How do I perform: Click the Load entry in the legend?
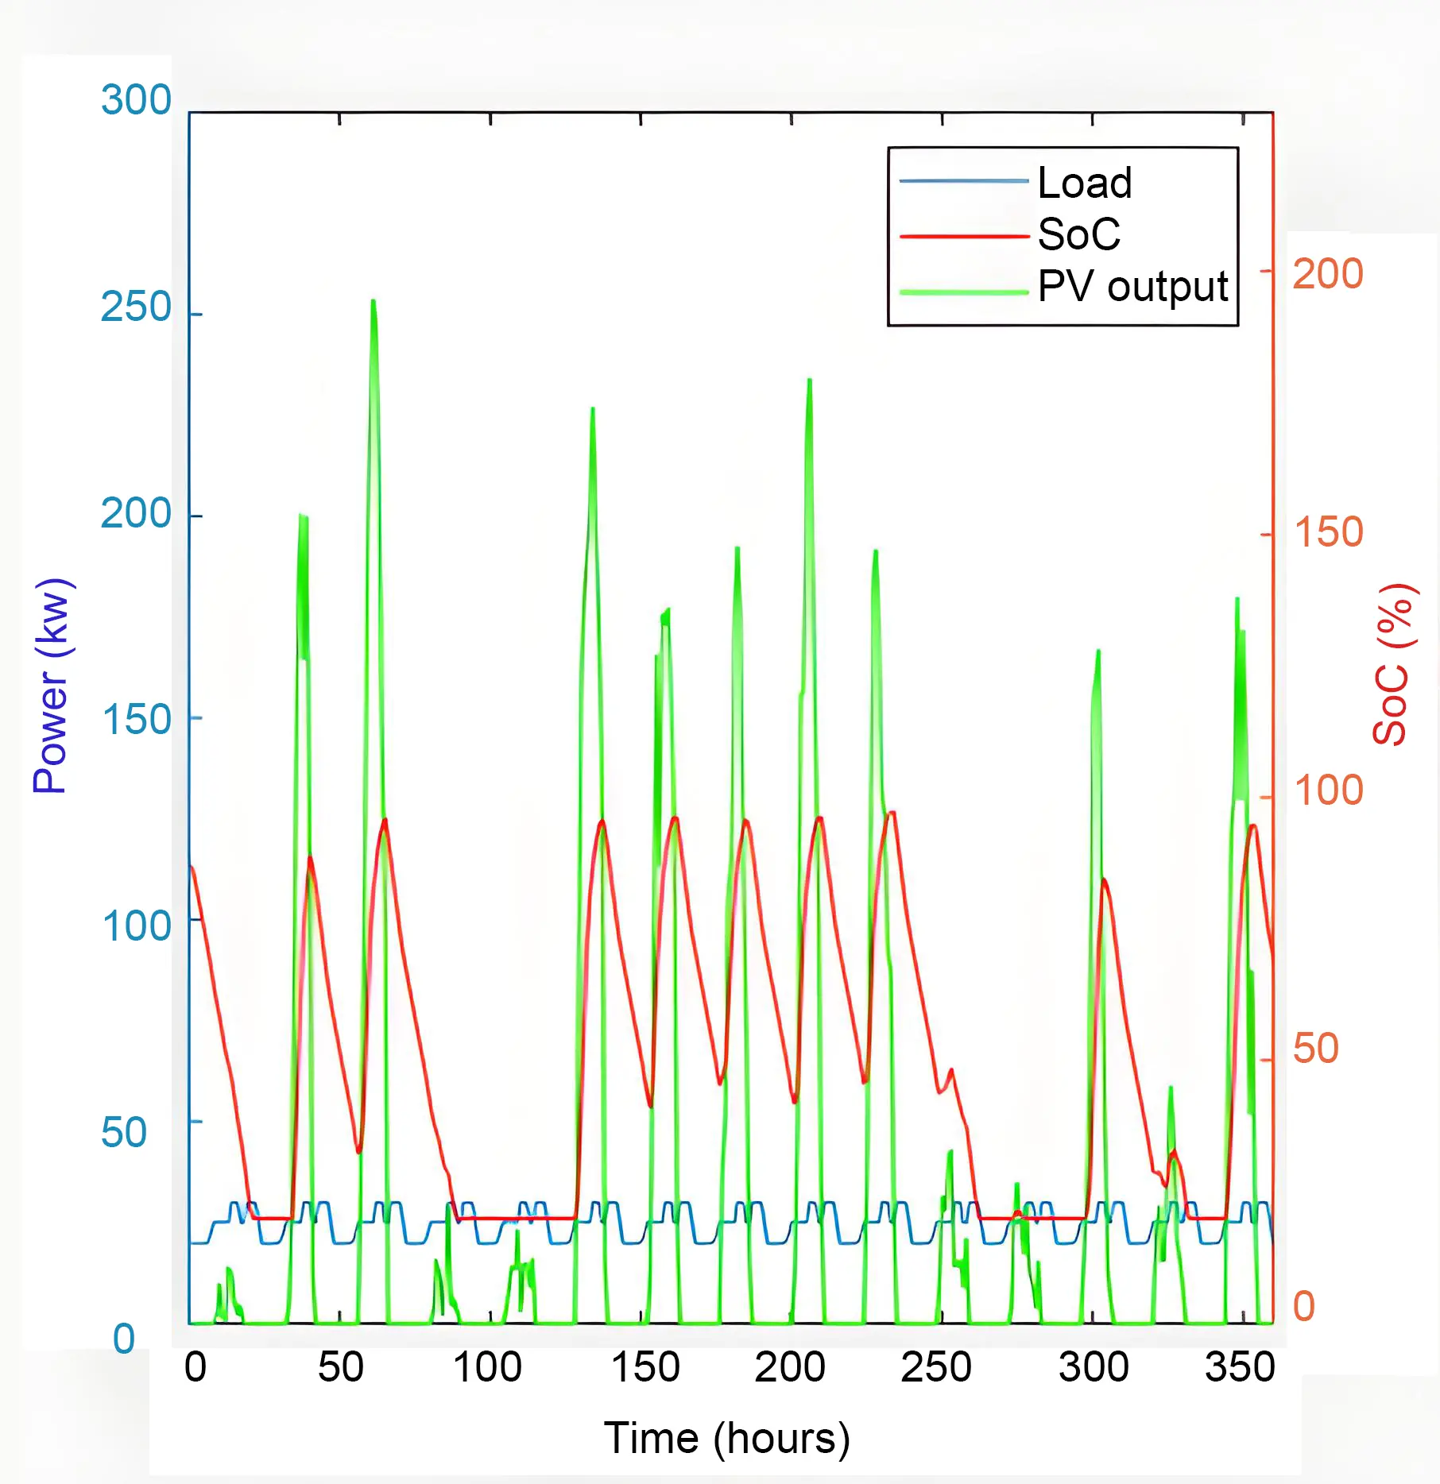(x=1084, y=183)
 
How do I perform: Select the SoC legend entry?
(x=1078, y=234)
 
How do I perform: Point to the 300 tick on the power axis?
(x=136, y=100)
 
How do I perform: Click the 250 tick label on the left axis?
(x=136, y=307)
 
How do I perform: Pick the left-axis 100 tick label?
(x=136, y=926)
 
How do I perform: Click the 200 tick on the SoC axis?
(x=1327, y=274)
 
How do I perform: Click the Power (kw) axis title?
(x=52, y=686)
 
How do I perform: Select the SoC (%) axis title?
(x=1392, y=664)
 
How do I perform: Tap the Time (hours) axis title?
(x=726, y=1438)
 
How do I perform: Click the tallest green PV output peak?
(x=373, y=301)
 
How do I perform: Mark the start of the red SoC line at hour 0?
(x=191, y=867)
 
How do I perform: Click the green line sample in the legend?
(x=963, y=292)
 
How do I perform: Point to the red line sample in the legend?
(x=963, y=236)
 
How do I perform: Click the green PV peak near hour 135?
(x=592, y=409)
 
